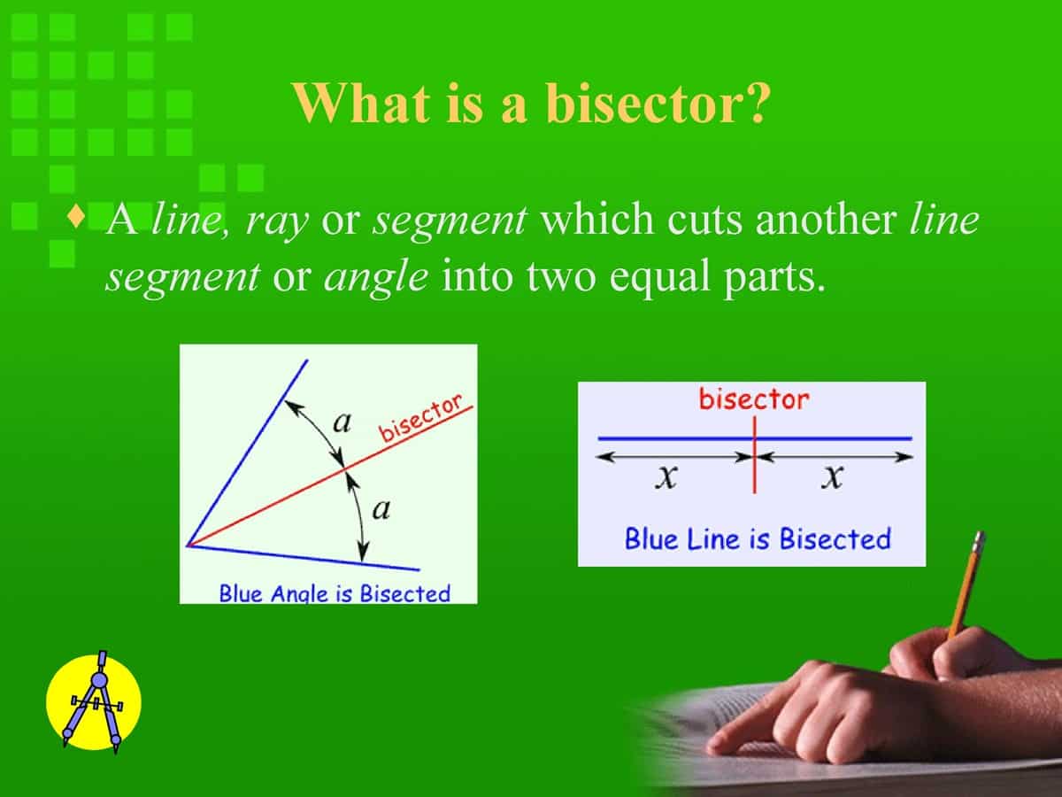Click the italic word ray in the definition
277,221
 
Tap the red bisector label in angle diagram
422,418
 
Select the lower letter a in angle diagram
382,510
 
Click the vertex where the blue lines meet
189,546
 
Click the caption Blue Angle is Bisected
335,592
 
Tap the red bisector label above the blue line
753,399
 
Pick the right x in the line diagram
831,479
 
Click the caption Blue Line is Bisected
757,538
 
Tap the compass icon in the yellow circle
94,700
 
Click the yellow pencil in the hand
966,584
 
